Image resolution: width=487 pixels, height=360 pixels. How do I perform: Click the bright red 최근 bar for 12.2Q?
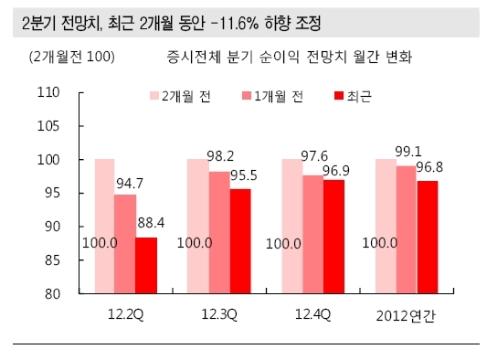click(x=146, y=266)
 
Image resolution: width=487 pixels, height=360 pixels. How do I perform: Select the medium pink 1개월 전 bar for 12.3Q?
click(x=219, y=233)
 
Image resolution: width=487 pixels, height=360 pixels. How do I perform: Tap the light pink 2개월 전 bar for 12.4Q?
click(x=292, y=227)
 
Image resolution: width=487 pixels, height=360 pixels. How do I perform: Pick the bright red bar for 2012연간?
click(x=428, y=238)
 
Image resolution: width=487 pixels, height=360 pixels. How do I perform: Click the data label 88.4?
click(x=151, y=223)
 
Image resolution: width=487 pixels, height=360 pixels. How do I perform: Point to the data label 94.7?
click(x=130, y=184)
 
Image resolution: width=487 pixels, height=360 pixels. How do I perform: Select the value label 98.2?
click(x=220, y=156)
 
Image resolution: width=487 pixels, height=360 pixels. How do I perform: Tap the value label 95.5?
click(x=244, y=175)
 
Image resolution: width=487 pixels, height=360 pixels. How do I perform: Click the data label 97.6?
click(x=314, y=156)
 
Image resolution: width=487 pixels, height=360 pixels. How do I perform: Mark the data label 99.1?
click(x=408, y=152)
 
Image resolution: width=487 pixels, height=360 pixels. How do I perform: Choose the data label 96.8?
click(x=429, y=167)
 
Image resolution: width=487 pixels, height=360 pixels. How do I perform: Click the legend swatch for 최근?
click(x=339, y=96)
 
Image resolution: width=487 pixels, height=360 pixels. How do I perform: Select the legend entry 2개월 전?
click(x=180, y=96)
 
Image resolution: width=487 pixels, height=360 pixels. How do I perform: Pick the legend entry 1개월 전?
click(x=272, y=96)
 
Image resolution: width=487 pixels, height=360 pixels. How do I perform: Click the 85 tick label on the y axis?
click(x=52, y=260)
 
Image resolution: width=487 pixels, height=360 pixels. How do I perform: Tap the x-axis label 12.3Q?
click(x=219, y=314)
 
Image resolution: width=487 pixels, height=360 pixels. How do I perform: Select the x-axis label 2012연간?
click(x=406, y=316)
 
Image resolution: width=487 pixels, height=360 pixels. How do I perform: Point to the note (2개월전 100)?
click(x=72, y=57)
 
